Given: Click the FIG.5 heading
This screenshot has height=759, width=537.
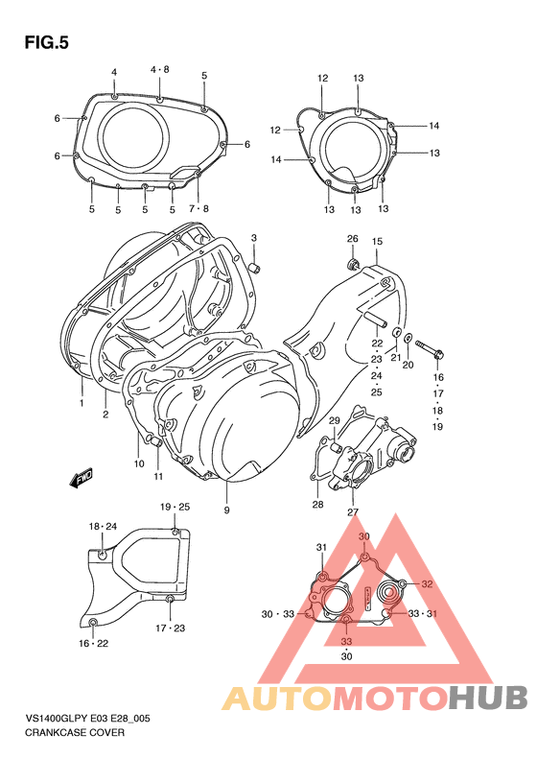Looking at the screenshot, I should [47, 42].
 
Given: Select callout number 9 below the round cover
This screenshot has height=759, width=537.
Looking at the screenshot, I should [227, 510].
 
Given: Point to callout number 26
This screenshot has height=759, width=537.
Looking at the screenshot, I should [352, 239].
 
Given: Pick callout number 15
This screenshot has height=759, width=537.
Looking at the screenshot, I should [377, 241].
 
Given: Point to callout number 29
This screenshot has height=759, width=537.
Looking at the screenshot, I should [335, 421].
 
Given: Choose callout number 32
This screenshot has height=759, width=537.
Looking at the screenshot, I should [428, 584].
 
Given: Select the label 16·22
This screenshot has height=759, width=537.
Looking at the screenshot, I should [93, 643].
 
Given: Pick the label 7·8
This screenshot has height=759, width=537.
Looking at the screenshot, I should [198, 209].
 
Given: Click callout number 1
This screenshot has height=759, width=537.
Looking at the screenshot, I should [82, 403].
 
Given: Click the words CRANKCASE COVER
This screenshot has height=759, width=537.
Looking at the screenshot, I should [76, 732].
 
